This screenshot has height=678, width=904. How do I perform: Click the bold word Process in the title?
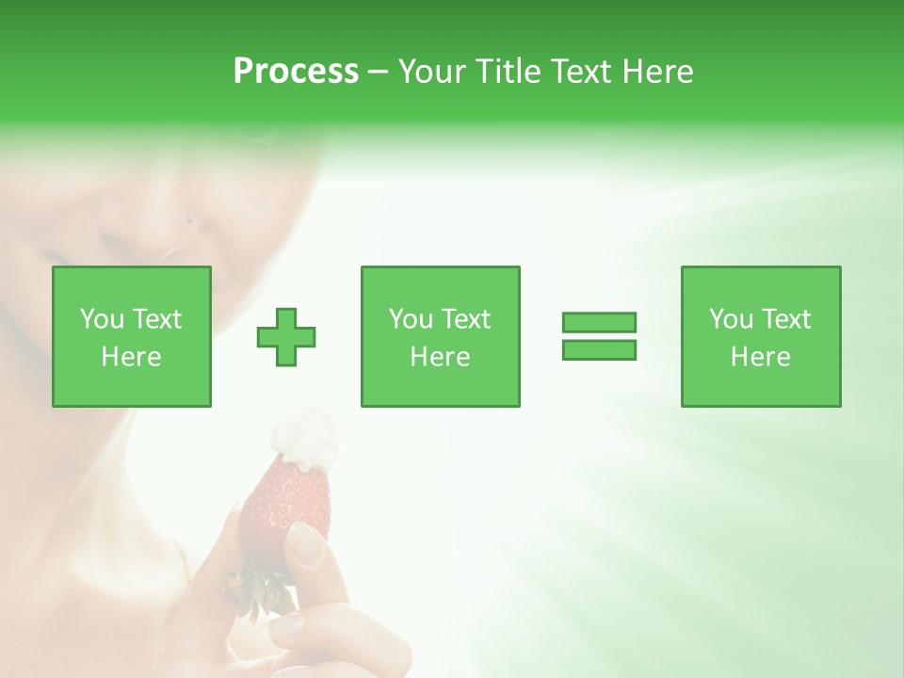point(296,72)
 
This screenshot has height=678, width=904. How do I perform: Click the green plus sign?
point(286,337)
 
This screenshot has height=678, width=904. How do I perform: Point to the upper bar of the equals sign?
point(599,323)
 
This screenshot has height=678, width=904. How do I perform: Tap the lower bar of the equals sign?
point(599,350)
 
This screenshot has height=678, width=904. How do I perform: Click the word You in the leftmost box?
point(101,319)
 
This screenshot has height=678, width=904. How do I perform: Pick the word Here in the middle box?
point(440,357)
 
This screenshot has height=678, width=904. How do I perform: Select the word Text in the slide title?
point(583,72)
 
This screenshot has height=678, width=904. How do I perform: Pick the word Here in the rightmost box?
point(760,357)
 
